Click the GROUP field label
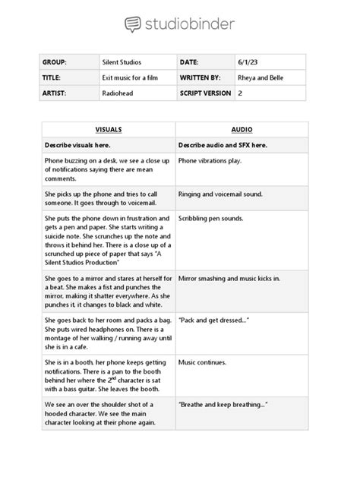58,62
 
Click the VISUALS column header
108,130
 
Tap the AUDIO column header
242,130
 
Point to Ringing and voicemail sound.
220,194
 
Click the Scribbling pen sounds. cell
211,218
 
